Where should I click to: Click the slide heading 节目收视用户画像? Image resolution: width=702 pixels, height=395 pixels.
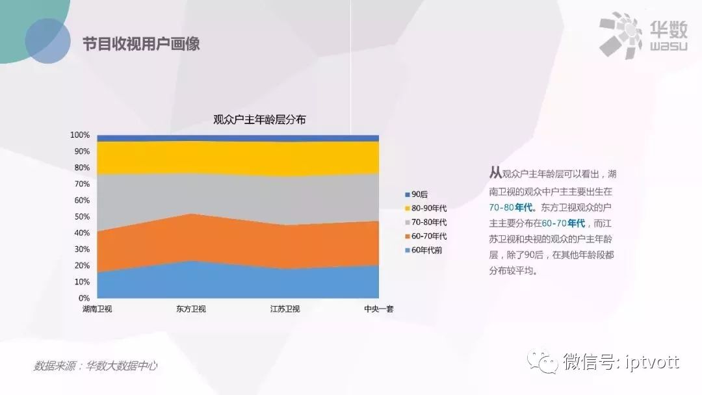coord(141,44)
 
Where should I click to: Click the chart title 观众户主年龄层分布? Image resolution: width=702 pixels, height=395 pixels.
coord(259,120)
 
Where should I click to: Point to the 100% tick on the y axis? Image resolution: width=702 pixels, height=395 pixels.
coord(80,135)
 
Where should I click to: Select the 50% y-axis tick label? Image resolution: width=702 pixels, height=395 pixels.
coord(82,216)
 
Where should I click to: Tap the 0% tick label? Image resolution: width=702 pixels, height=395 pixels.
coord(84,298)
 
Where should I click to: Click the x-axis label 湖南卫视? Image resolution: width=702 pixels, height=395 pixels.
coord(97,309)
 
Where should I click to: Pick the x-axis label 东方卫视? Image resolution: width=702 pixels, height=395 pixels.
coord(191,309)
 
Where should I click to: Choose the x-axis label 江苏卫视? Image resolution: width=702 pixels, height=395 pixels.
coord(285,309)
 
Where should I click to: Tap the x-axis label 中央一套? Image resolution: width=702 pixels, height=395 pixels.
coord(379,309)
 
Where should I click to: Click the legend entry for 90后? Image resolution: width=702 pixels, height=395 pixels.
coord(417,194)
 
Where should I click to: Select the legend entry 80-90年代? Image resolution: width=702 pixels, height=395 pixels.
coord(426,209)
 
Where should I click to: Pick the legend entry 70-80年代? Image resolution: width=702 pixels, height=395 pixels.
coord(426,222)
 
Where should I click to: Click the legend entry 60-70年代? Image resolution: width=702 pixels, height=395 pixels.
coord(426,236)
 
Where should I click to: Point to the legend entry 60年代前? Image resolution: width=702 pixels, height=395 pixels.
coord(424,250)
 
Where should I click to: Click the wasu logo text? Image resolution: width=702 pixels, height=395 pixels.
coord(668,46)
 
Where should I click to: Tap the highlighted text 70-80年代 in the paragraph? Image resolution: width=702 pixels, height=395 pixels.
coord(511,207)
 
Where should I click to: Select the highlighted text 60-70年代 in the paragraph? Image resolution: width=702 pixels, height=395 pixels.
coord(563,223)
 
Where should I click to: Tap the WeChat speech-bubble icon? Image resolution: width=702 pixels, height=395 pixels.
coord(542,361)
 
